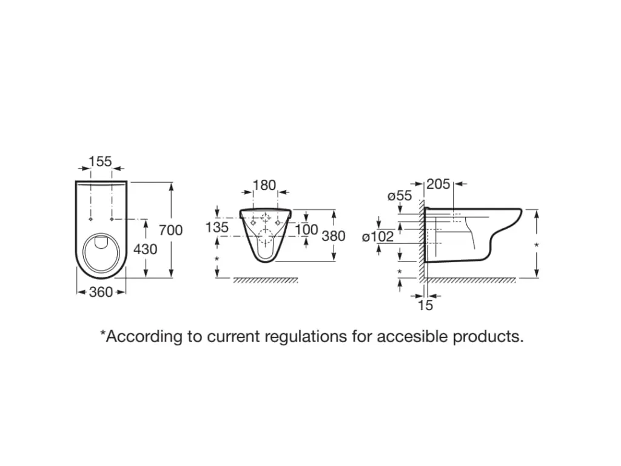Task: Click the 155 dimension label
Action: tap(100, 161)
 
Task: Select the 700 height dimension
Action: tap(170, 230)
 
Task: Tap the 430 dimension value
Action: tap(146, 249)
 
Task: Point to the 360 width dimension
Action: tap(101, 292)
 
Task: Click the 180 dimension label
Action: tap(264, 185)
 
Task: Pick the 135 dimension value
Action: tap(217, 228)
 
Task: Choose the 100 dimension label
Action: tap(307, 229)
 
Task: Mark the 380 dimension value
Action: tap(334, 235)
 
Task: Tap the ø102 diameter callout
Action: tap(378, 237)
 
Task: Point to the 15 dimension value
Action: tap(426, 305)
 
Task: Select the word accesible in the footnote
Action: tap(413, 336)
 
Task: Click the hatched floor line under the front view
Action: tap(266, 280)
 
